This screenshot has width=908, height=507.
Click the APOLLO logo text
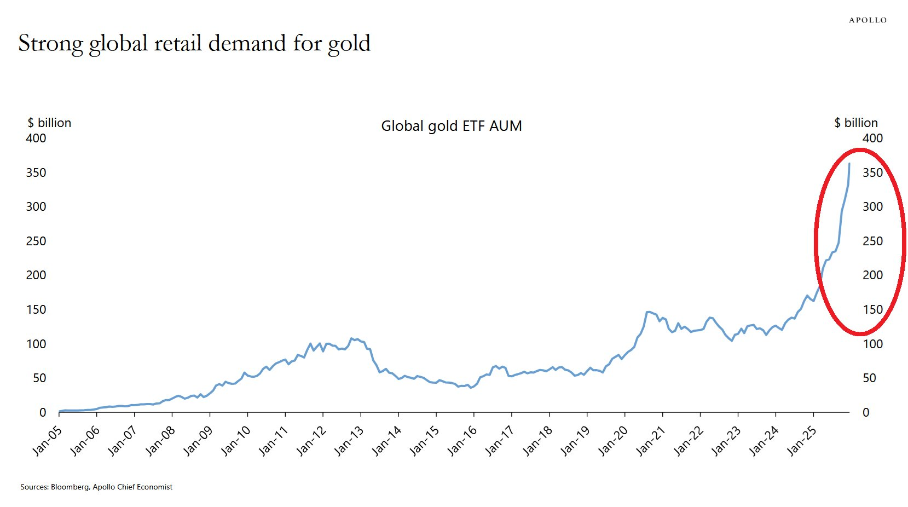coord(867,20)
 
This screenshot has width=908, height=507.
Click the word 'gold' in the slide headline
coord(349,44)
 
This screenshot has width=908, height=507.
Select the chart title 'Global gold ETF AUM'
coord(451,126)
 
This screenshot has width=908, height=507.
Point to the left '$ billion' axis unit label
coord(49,123)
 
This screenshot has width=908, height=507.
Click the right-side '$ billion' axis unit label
coord(855,123)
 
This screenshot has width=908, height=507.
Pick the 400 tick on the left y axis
coord(36,138)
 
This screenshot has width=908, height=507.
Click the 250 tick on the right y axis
coord(872,241)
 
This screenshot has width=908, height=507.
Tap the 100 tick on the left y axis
coord(36,344)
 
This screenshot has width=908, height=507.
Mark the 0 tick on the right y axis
coord(866,412)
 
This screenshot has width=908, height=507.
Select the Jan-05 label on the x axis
coord(48,441)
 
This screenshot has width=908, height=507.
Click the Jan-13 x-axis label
coord(349,441)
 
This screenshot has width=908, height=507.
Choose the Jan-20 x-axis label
coord(614,441)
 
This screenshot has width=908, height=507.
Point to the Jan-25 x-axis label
coord(802,441)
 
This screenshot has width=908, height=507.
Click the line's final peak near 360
coord(849,164)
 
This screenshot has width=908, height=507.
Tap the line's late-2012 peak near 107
coord(351,338)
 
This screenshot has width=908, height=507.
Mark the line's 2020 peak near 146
coord(647,312)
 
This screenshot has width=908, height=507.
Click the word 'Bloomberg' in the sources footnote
coord(70,487)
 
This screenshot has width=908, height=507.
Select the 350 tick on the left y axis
coord(36,172)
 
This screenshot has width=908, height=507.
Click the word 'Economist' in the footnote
coord(155,487)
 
